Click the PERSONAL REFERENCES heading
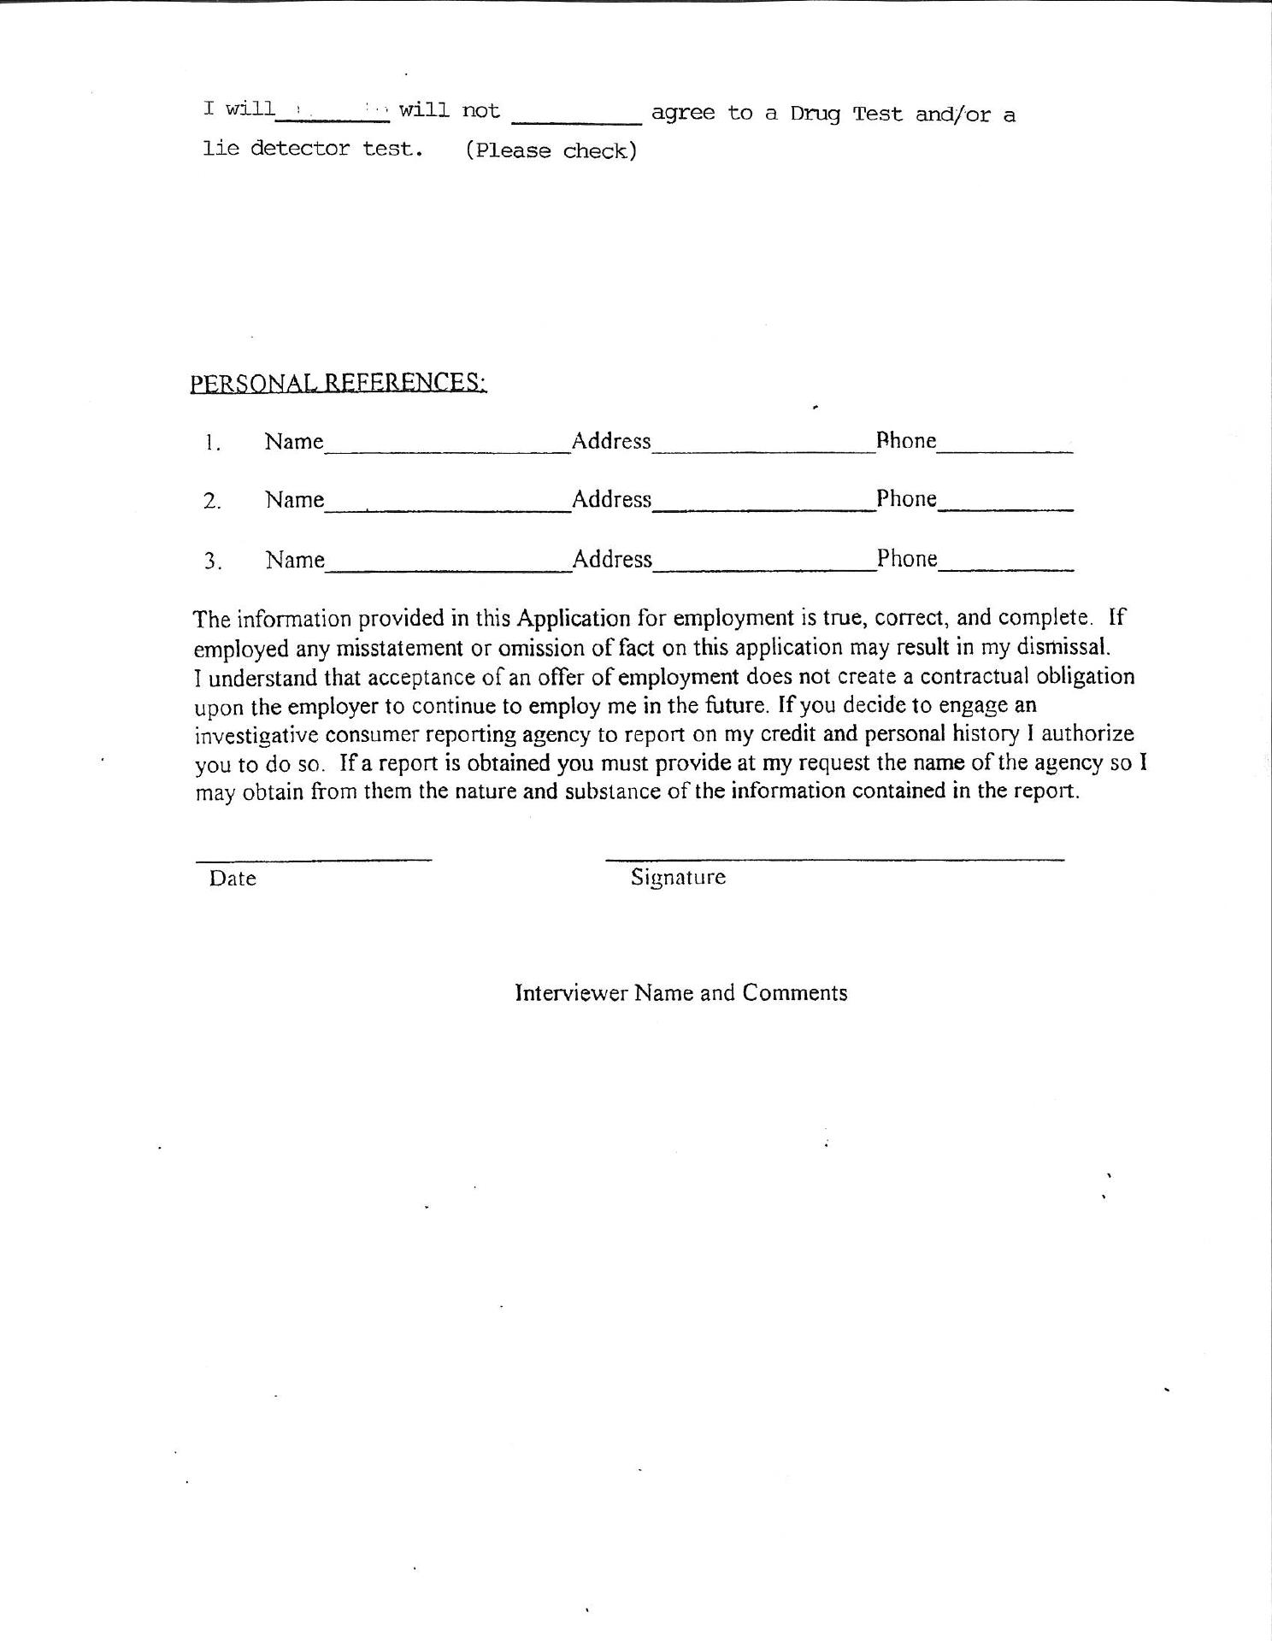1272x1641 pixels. (339, 382)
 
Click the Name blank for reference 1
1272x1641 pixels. (447, 446)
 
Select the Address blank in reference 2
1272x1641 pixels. (763, 504)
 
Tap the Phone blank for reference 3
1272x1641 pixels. (1005, 564)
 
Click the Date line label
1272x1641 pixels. (233, 879)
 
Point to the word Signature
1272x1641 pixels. (678, 877)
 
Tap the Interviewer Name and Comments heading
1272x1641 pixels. (680, 992)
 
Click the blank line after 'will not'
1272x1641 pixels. (575, 120)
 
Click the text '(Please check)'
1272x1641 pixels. (551, 150)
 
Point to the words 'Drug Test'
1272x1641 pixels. (845, 114)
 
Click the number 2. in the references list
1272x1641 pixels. (212, 502)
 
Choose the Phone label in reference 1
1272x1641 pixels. (906, 441)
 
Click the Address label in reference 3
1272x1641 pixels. (612, 559)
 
